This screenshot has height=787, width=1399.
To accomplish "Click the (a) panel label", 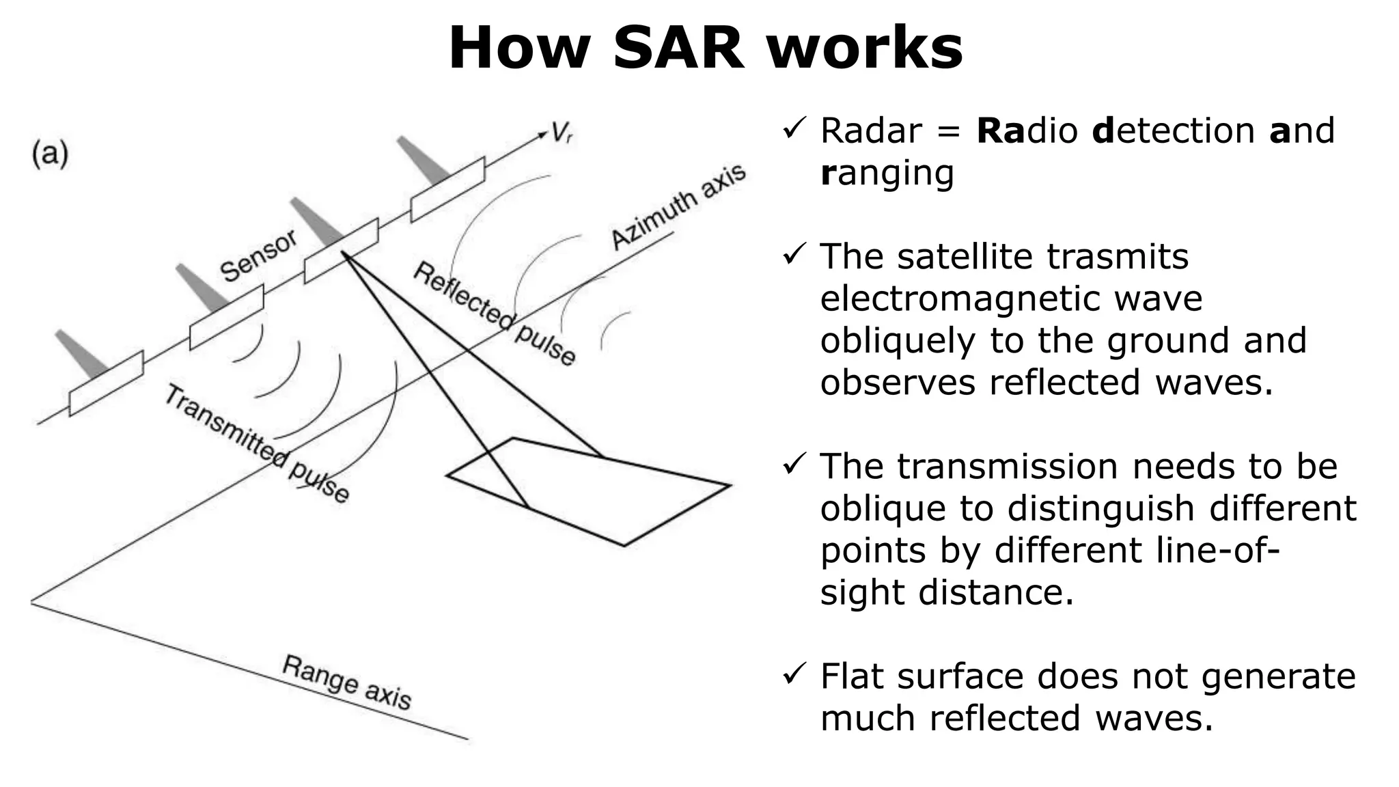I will point(50,155).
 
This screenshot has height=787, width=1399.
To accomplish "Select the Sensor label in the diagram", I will point(258,256).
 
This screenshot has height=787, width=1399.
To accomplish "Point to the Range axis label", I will point(346,682).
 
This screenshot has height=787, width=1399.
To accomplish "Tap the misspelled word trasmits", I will point(1118,256).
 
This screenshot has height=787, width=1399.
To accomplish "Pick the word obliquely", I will point(898,340).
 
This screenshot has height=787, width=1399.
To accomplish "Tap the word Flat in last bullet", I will point(852,676).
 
